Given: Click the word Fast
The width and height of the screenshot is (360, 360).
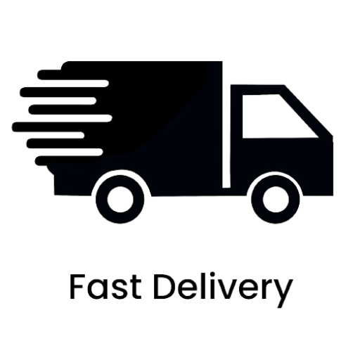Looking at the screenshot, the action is coord(105,288).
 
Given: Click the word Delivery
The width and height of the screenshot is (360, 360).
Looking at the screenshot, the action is coord(224,290).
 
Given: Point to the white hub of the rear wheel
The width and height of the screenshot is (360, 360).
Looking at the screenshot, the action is coord(120,200).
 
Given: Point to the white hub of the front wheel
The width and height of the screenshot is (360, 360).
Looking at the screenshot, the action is coord(276,200).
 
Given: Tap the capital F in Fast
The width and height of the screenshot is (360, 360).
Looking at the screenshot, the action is coord(77,287).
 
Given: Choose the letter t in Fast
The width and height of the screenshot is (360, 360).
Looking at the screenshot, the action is coord(136,288).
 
